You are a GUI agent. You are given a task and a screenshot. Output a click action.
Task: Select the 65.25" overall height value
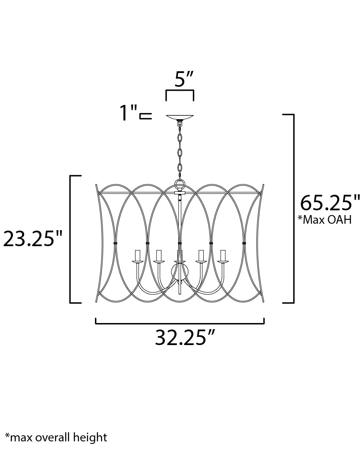click(x=330, y=203)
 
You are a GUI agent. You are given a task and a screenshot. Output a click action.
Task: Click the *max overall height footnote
click(x=56, y=437)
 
